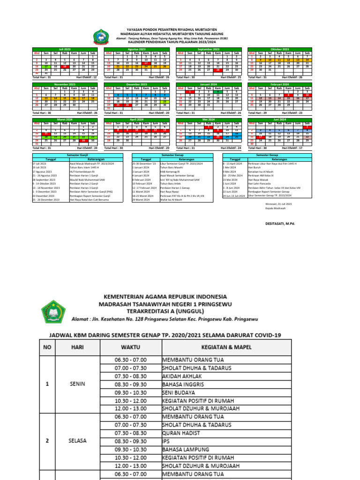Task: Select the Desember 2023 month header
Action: pyautogui.click(x=137, y=84)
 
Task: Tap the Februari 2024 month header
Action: pyautogui.click(x=279, y=84)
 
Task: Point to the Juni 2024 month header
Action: pyautogui.click(x=279, y=120)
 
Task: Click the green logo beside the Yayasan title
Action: pyautogui.click(x=101, y=36)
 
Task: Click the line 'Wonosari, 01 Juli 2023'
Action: pyautogui.click(x=278, y=204)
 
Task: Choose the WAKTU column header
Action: pyautogui.click(x=130, y=347)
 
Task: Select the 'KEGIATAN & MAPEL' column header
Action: pyautogui.click(x=225, y=347)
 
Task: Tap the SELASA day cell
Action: pyautogui.click(x=77, y=441)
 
